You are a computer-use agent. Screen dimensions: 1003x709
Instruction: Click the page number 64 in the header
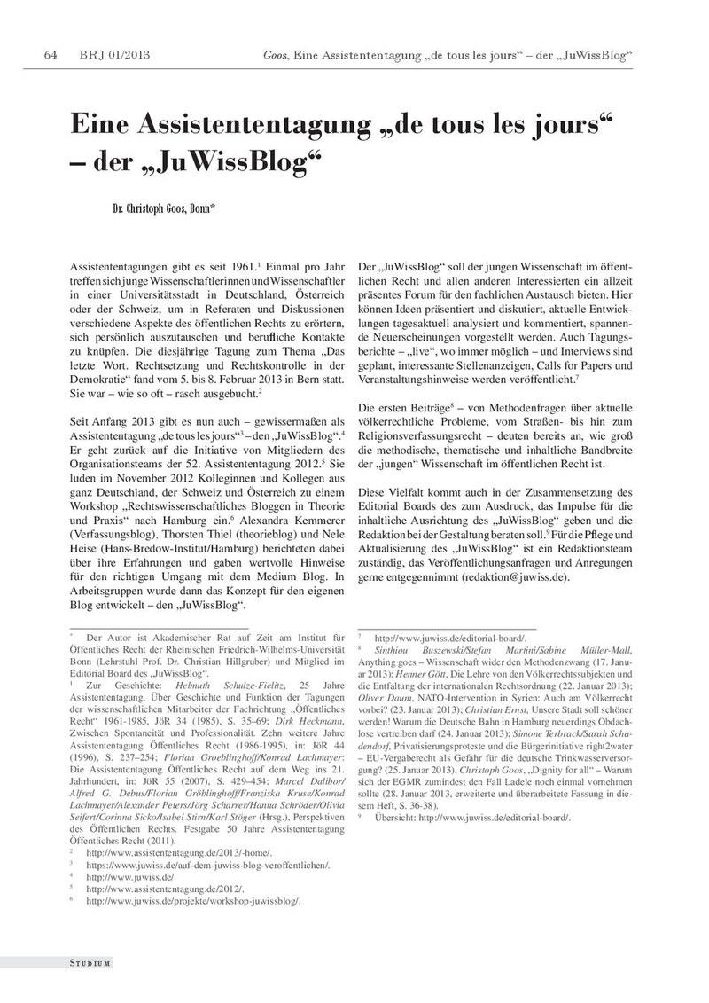[51, 57]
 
